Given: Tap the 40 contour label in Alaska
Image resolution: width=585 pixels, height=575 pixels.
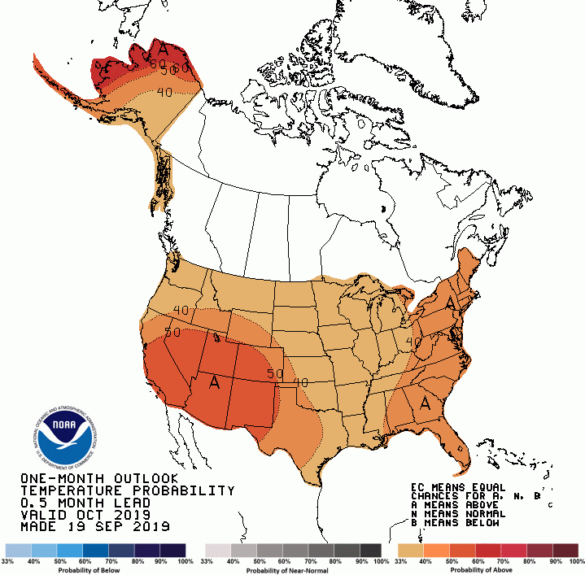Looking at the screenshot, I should [164, 92].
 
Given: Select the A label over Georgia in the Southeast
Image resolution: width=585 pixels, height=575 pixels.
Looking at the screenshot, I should [424, 402].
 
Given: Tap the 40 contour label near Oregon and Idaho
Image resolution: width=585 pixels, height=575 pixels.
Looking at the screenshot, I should [181, 310].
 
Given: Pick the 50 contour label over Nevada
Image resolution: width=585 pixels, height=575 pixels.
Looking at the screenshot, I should [172, 332].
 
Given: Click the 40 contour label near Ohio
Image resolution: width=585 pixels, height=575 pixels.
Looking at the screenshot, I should [413, 343].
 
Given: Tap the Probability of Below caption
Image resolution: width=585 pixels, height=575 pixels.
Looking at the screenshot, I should [95, 570].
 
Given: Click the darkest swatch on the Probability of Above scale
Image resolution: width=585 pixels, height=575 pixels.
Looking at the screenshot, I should [567, 551].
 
